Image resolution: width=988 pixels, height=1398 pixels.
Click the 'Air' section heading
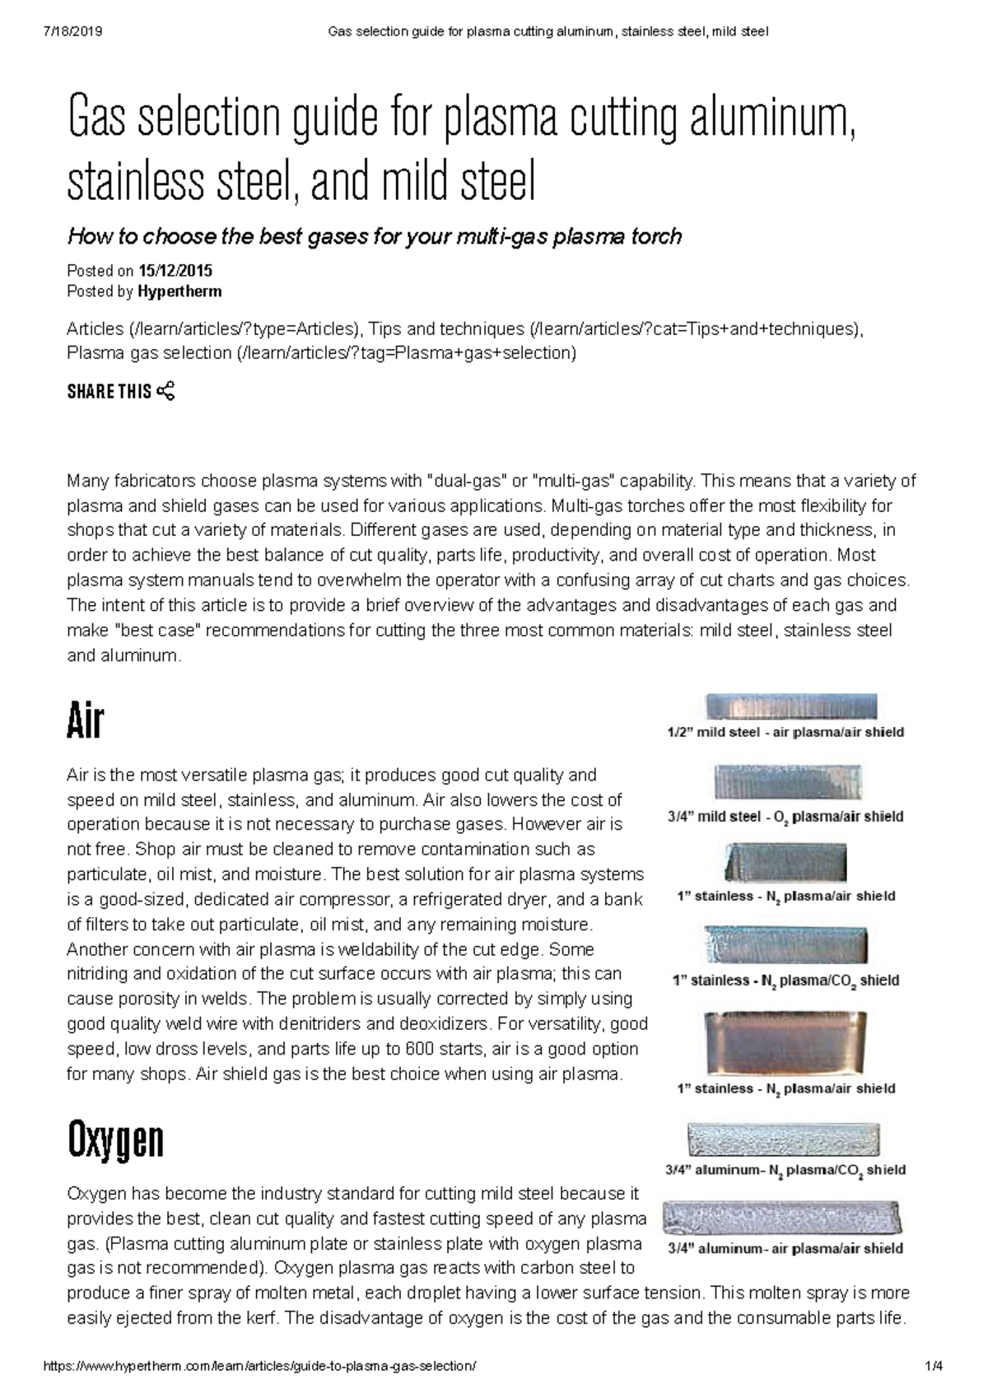85,721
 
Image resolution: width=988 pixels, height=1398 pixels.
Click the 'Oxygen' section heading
115,1140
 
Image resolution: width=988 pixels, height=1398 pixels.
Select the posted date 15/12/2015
175,270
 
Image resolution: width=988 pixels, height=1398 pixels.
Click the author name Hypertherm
179,291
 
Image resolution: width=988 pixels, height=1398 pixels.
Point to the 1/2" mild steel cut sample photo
790,706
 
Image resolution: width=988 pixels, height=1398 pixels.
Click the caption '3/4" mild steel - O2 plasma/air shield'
785,817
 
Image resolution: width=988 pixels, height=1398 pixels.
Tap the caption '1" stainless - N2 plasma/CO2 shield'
785,981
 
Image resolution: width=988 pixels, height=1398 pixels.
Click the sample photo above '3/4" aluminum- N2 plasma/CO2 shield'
783,1140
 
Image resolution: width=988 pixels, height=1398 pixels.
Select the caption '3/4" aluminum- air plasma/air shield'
785,1248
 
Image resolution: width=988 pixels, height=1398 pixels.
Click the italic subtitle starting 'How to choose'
374,237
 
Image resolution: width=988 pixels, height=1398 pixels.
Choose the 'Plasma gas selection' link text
149,353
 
